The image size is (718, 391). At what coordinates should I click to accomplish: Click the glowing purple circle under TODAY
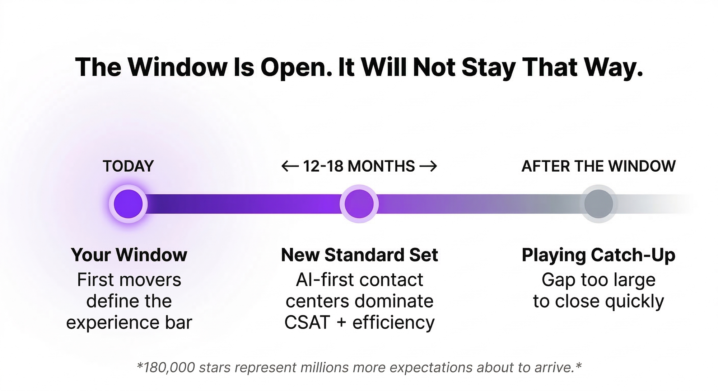128,204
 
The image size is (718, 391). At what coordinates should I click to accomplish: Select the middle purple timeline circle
359,204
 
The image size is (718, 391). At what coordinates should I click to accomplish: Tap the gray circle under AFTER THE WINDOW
598,204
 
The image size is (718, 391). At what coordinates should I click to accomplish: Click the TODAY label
128,166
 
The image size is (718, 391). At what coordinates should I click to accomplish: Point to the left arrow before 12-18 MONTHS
290,166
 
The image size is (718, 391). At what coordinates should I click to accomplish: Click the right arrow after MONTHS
428,166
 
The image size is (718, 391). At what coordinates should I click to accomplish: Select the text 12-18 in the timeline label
323,166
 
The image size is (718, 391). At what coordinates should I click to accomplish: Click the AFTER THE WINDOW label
598,166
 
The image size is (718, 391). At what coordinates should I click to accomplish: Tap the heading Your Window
129,255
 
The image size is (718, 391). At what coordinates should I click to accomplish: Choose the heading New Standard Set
359,255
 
